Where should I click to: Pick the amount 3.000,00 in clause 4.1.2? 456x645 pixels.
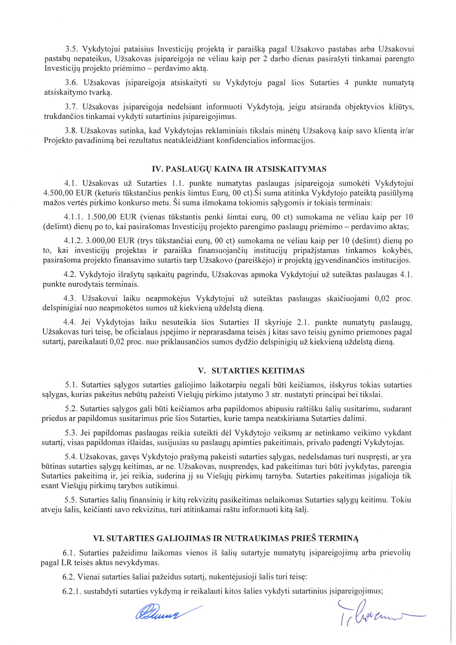coord(100,241)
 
